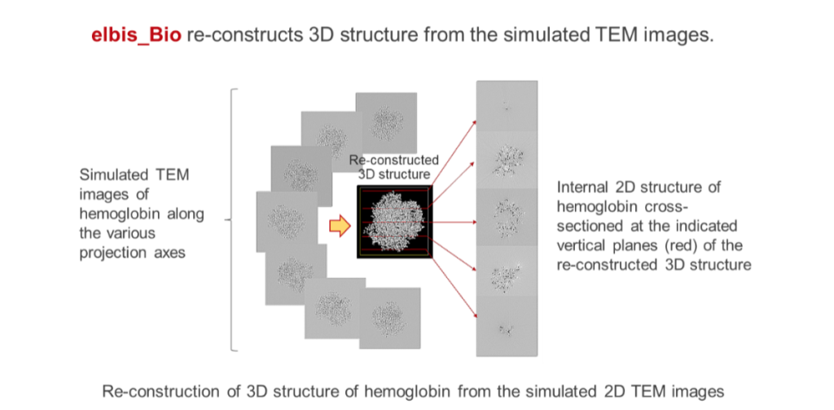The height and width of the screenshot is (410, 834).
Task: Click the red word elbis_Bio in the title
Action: (x=137, y=35)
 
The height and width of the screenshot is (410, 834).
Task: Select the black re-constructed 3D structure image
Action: (x=395, y=222)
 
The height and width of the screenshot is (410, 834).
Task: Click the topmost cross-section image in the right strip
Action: (x=507, y=107)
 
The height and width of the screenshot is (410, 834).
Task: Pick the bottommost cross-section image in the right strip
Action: (x=507, y=326)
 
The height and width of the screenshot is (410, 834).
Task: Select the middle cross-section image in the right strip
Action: (x=507, y=217)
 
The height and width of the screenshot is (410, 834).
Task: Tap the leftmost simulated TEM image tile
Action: (x=287, y=222)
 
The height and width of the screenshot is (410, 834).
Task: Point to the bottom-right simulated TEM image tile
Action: (x=390, y=318)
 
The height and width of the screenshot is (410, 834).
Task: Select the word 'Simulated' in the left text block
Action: (x=111, y=175)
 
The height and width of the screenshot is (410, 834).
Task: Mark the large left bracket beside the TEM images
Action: (x=231, y=220)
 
